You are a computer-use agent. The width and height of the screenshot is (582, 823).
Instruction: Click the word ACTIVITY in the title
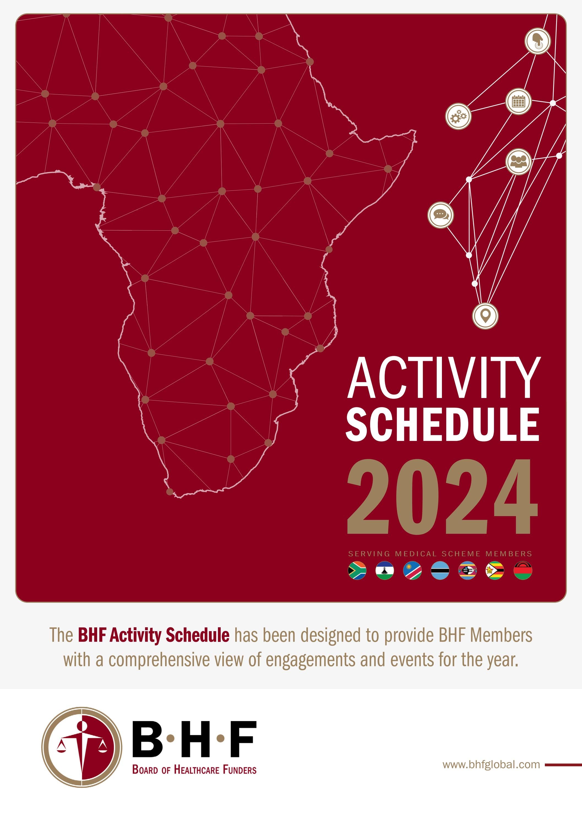pos(443,378)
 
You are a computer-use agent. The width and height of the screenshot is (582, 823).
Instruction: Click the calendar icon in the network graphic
pos(518,102)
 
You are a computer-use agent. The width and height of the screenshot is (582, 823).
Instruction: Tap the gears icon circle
pos(458,116)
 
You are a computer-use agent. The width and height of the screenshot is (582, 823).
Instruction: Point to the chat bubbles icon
pos(441,215)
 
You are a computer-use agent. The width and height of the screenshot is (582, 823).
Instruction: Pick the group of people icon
pos(518,162)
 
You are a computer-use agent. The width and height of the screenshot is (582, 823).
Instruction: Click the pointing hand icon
pos(538,41)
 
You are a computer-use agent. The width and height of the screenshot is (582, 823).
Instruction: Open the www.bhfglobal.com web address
pos(491,765)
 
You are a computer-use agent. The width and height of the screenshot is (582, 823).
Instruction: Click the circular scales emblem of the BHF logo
pos(82,747)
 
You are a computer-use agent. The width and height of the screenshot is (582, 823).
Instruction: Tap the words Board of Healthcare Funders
pos(194,770)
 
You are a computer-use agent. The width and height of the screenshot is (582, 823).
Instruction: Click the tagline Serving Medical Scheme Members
pos(440,554)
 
